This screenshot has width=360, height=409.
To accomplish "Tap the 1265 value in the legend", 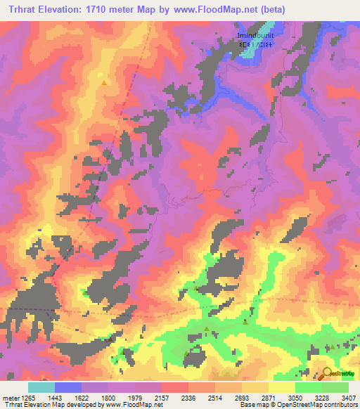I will point(25,397).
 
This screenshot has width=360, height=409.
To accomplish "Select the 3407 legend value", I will point(349,397).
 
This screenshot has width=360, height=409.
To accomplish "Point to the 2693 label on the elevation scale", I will point(241,397).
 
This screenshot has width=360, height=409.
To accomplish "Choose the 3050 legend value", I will point(296,397).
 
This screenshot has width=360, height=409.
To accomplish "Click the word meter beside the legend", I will point(8,397).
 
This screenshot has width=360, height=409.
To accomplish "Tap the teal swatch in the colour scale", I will point(41,387).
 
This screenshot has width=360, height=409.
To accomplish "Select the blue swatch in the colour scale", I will point(68,387).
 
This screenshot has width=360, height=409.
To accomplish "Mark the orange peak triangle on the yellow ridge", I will point(105,82).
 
